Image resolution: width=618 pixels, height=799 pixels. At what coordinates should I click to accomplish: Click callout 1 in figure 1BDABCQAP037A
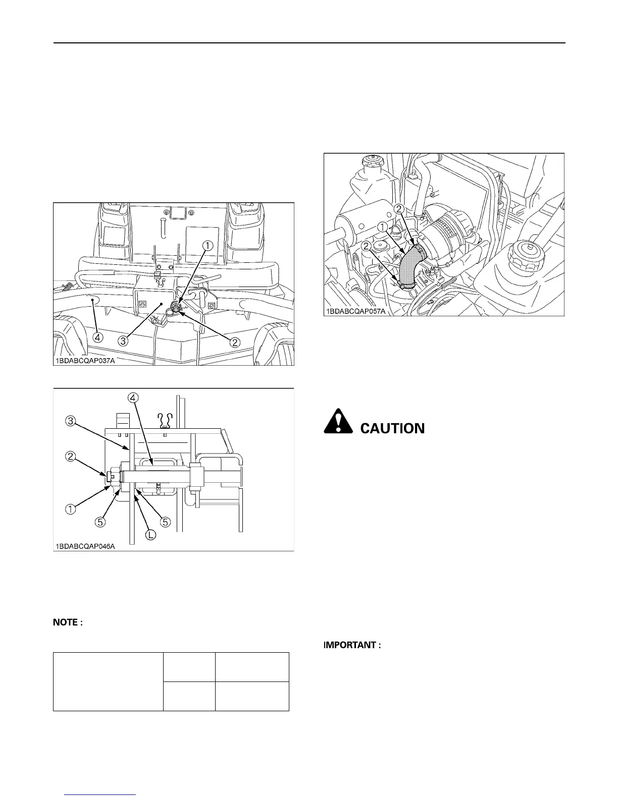coord(208,245)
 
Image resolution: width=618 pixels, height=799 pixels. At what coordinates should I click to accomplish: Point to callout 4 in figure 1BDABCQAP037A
coord(98,336)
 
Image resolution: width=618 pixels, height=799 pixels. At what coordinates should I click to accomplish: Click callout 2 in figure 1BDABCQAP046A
coord(71,457)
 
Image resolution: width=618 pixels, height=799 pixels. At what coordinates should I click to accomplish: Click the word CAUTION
coord(392,429)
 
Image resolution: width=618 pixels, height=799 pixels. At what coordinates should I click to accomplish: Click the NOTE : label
coord(68,623)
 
